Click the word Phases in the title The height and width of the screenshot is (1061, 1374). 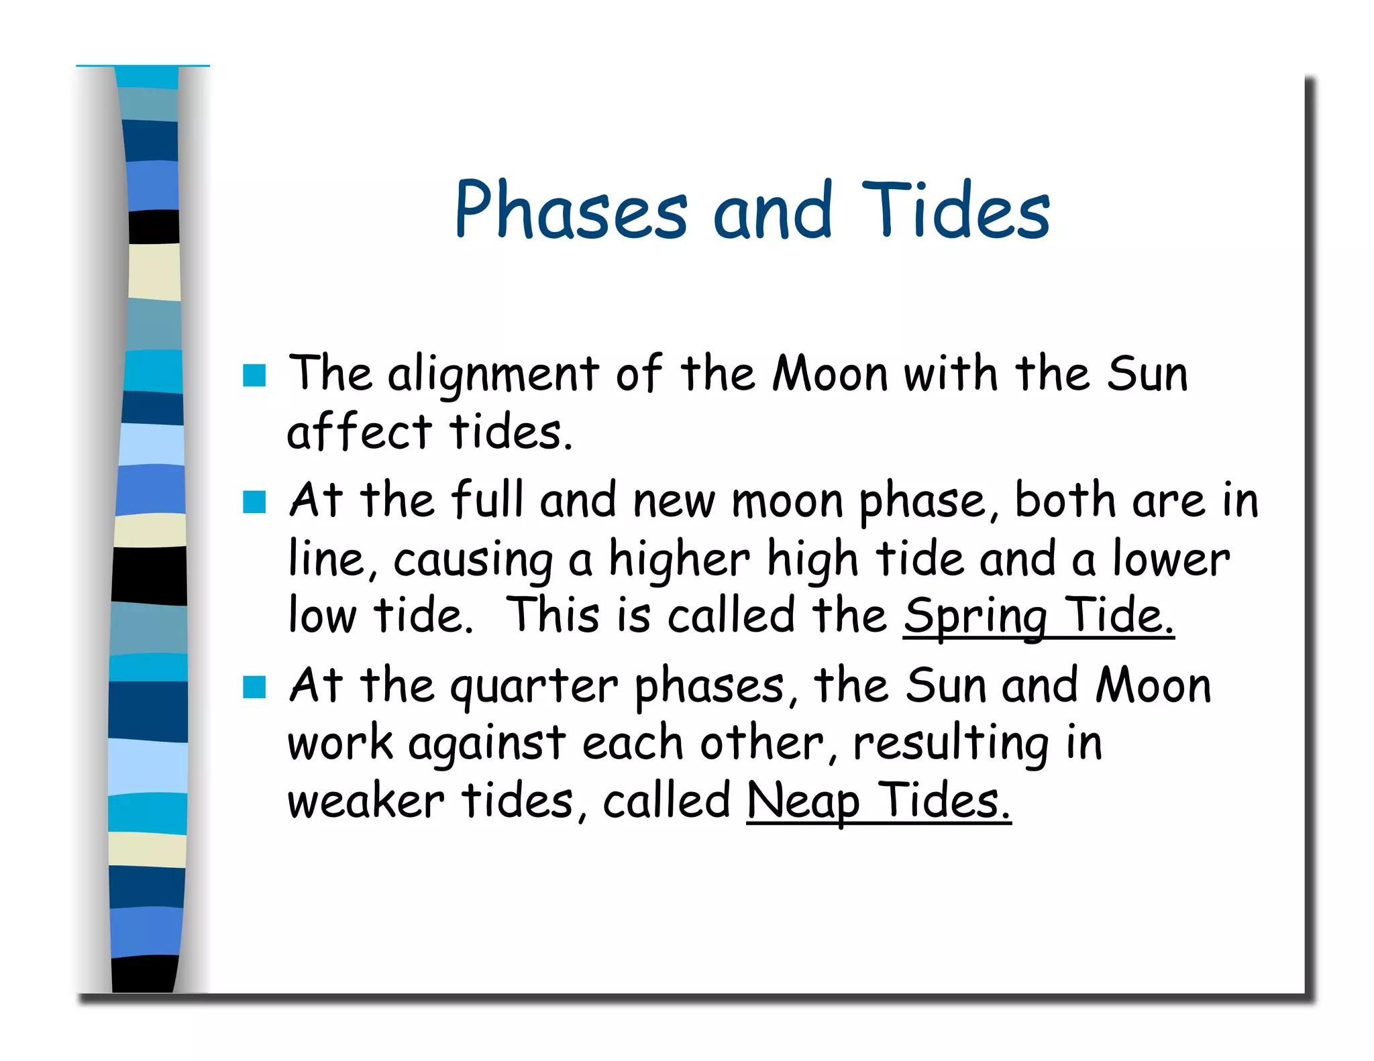coord(571,211)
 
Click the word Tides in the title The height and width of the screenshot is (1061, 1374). coord(955,211)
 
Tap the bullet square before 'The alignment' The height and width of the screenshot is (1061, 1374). coord(254,376)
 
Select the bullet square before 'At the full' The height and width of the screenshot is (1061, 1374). coord(254,501)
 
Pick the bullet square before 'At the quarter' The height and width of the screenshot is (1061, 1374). coord(254,686)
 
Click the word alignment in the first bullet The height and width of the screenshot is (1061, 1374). coord(493,374)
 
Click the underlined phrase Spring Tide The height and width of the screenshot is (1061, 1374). coord(1038,615)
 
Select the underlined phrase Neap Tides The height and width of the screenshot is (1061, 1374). coord(878,801)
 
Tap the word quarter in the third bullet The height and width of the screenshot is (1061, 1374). coord(534,687)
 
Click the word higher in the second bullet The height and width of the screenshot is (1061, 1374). coord(679,559)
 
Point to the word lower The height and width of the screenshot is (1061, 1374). coord(1171,559)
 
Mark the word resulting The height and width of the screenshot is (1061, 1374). coord(951,744)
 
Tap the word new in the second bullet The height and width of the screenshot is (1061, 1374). coord(674,501)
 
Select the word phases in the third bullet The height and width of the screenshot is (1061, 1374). coord(710,687)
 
